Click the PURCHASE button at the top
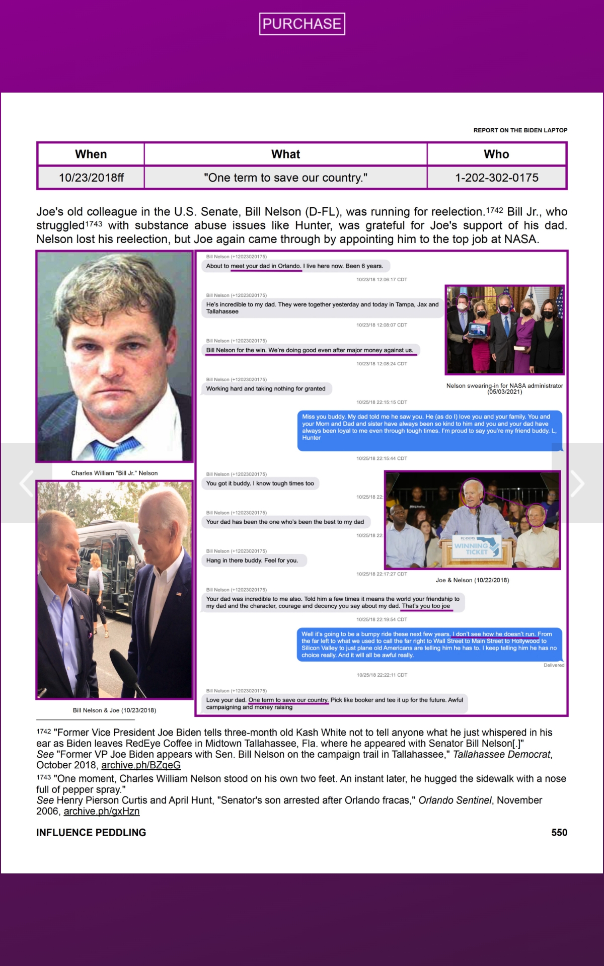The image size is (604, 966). pos(302,24)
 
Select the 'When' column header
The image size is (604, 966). pos(91,154)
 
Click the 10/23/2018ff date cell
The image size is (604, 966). pos(91,178)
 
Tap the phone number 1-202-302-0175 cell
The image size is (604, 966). pos(496,178)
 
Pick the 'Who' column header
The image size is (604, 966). pos(496,154)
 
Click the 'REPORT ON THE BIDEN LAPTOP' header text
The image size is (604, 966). pos(520,130)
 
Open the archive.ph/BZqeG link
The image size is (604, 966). pos(141,765)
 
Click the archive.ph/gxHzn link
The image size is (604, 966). pos(102,811)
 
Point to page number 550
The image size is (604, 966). pos(559,833)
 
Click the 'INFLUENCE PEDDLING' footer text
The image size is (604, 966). pos(91,833)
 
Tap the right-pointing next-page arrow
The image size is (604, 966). pos(577,484)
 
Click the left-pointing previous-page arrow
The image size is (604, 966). pos(26,484)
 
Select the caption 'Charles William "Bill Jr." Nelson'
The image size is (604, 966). pos(114,473)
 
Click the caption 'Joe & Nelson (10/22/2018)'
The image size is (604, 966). pos(472,580)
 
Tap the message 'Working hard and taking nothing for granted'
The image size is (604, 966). pos(266,389)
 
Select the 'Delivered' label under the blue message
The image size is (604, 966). pos(554,665)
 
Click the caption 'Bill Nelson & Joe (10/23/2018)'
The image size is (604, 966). pos(114,710)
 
